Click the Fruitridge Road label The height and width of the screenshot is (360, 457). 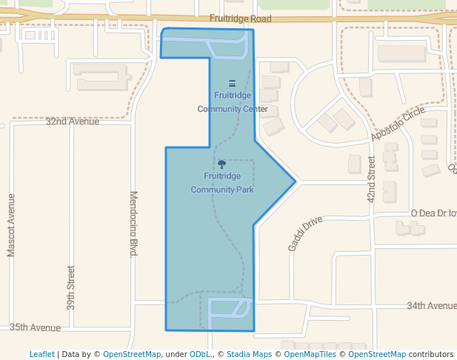[x=240, y=19]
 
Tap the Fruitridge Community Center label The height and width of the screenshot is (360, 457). [x=233, y=102]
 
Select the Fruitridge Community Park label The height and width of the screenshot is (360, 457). [x=222, y=183]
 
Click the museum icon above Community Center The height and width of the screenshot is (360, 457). [x=233, y=83]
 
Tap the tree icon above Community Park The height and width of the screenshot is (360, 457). [x=221, y=164]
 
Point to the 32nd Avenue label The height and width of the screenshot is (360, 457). [x=72, y=121]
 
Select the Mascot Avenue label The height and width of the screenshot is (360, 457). [x=11, y=225]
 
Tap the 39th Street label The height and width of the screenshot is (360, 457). [x=71, y=287]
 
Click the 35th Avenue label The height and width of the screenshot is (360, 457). [x=35, y=327]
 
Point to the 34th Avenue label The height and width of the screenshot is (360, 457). [x=431, y=305]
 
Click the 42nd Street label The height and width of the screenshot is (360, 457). [x=372, y=179]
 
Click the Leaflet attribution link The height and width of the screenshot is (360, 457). [x=41, y=354]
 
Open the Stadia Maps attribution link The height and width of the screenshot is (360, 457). [x=249, y=354]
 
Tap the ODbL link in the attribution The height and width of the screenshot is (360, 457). [x=202, y=354]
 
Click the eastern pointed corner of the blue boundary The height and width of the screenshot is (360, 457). [x=296, y=181]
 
